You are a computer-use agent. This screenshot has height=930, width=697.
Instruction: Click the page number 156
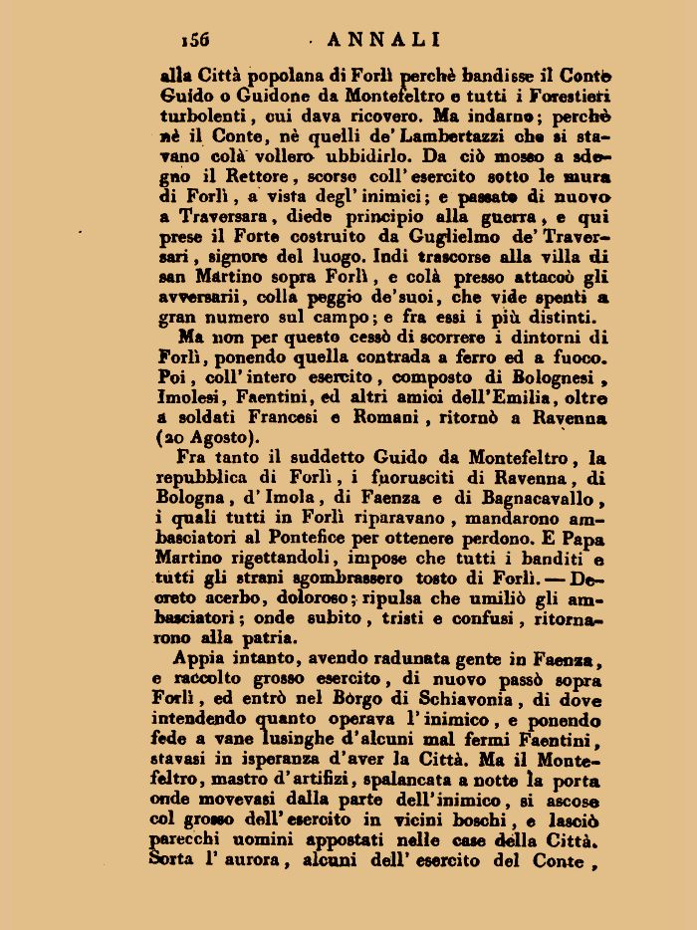[195, 39]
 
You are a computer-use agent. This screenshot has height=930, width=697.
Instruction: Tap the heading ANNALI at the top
[383, 39]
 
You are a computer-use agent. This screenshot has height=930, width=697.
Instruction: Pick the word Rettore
[241, 176]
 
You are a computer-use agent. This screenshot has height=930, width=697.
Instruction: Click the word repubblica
[214, 478]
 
